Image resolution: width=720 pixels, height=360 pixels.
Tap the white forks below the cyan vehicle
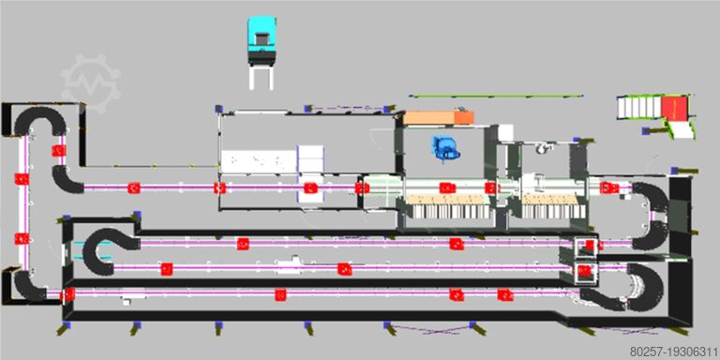pos(262,74)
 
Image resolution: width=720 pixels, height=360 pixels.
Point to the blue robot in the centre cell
pos(442,147)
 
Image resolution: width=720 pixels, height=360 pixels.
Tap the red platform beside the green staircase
pos(678,109)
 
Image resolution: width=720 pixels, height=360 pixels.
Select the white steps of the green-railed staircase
pos(640,109)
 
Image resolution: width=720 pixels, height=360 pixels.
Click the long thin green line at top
pos(494,96)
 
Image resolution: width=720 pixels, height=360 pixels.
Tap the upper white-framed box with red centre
pos(588,247)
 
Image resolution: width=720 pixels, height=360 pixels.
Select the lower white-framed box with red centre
pos(588,272)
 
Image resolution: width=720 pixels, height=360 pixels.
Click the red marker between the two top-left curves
pos(59,150)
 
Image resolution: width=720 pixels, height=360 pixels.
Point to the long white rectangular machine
pos(256,161)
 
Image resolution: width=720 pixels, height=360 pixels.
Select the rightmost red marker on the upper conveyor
pos(607,187)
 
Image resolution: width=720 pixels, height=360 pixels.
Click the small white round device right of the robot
pos(538,148)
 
